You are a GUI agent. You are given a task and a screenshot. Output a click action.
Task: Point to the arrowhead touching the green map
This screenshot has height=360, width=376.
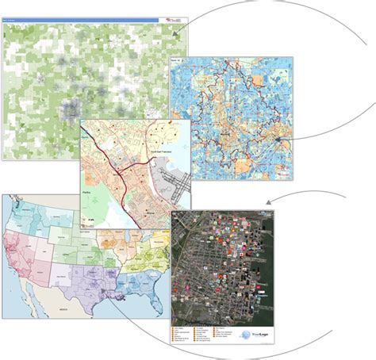pos(175,33)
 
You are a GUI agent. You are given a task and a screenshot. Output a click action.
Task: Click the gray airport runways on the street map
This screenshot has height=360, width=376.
pos(174,182)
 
